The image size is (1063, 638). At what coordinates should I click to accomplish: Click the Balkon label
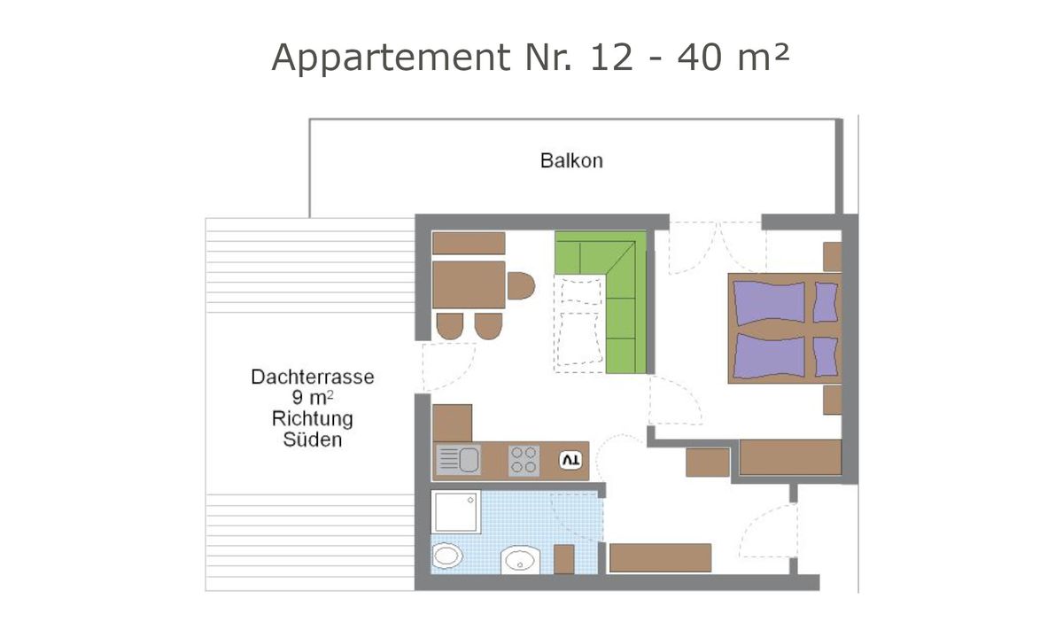571,161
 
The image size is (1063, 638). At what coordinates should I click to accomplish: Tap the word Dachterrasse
312,377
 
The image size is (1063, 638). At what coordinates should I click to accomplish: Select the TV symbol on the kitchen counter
570,461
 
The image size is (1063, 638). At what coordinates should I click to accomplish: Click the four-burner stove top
524,460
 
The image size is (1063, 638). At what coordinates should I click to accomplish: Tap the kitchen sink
457,460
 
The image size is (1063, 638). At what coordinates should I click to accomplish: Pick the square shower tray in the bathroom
456,512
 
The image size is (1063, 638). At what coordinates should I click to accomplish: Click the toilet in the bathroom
447,557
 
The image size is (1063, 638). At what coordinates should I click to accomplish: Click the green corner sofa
611,284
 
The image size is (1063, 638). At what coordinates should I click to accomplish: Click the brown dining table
469,284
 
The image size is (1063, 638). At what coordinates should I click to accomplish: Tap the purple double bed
784,329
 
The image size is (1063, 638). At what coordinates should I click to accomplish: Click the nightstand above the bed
832,256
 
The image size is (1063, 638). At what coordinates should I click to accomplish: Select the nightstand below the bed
832,400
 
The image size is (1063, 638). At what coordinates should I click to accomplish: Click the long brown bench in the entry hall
661,557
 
